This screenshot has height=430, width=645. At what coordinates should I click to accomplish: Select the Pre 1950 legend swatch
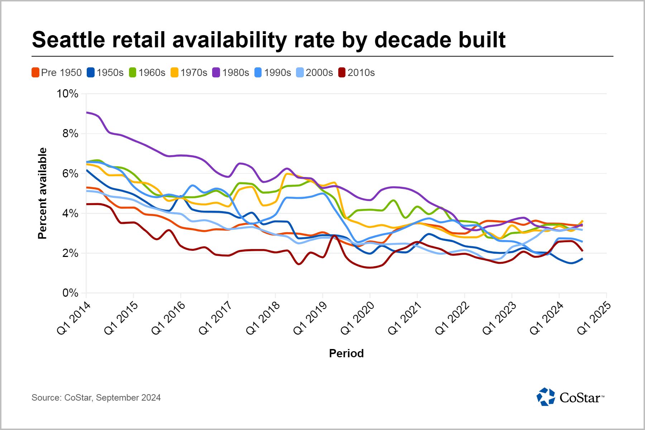35,73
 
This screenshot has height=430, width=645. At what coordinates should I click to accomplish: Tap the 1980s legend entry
231,73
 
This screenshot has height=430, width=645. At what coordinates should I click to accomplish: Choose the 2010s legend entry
357,73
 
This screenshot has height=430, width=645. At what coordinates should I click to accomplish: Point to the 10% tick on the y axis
67,94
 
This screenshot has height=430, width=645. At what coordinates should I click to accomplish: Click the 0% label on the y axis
70,293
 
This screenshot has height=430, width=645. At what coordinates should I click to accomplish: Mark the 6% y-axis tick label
70,174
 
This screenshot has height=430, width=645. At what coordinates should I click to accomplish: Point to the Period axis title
346,354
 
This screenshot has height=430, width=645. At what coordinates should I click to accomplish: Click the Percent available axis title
42,193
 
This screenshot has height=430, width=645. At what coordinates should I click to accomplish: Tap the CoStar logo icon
545,397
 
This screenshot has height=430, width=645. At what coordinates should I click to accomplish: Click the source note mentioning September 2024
96,398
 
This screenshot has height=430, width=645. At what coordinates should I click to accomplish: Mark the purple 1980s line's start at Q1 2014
87,113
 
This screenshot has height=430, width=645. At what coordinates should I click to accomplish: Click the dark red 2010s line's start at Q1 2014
87,204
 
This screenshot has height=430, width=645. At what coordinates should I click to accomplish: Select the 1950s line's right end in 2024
582,259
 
